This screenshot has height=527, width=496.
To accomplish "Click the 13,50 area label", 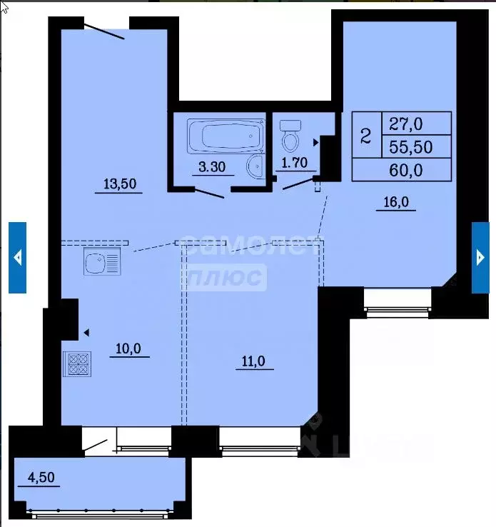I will pos(120,184).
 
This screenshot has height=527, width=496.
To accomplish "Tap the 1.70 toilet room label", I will pos(295,163).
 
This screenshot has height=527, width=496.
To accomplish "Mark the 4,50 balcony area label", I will pos(39,477).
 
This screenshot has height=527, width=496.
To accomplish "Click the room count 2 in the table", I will pos(366,135).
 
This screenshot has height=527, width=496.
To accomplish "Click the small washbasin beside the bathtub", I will pos(255,167).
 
